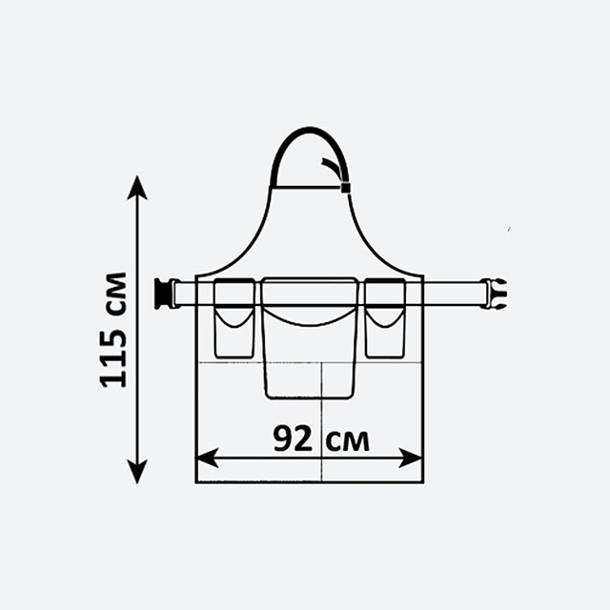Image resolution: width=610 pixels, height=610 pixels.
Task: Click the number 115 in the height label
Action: tap(113, 357)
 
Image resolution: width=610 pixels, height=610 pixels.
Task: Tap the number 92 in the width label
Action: tap(293, 438)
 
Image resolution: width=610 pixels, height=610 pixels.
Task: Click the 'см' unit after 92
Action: tap(347, 441)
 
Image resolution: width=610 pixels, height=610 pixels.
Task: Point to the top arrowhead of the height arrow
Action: tap(137, 188)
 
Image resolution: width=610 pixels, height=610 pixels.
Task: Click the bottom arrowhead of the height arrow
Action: tap(137, 472)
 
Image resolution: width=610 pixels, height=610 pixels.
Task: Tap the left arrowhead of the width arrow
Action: tap(207, 457)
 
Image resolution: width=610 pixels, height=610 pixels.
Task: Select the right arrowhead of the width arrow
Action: tap(411, 457)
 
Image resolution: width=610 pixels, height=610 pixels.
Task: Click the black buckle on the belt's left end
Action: tap(163, 294)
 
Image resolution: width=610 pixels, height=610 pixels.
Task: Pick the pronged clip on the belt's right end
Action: tap(494, 294)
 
